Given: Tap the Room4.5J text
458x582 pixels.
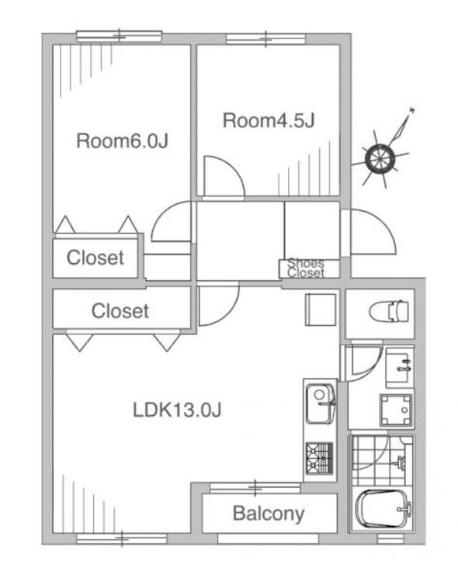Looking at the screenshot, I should (x=268, y=121).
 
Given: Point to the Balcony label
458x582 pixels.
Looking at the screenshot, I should (x=269, y=513).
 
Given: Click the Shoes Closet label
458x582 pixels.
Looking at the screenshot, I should (x=306, y=268).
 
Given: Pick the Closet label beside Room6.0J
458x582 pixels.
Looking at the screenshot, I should (x=95, y=258).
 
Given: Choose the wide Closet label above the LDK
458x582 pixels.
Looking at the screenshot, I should (x=120, y=311).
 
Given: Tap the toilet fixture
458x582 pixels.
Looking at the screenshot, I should (x=388, y=311).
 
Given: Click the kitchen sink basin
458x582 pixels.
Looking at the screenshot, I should (x=320, y=403).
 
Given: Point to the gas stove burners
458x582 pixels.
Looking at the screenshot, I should (x=319, y=458).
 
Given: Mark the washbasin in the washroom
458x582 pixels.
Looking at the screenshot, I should (x=398, y=366).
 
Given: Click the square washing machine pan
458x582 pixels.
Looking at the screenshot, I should (x=395, y=408).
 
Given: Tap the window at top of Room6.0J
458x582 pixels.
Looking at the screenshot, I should (x=119, y=36).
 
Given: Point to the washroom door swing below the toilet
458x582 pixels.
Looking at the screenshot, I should (x=360, y=363).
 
